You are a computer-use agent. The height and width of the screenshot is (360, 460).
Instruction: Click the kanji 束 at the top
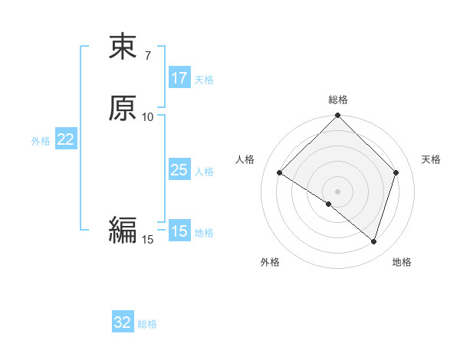[x=123, y=47]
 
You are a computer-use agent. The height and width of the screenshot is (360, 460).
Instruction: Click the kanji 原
[x=123, y=109]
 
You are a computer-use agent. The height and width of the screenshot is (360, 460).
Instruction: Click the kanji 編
[x=123, y=230]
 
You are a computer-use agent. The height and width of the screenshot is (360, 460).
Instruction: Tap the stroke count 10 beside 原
[x=148, y=116]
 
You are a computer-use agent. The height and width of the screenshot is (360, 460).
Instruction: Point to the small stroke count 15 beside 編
[x=148, y=240]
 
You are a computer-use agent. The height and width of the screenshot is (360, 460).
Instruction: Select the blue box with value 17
[x=179, y=77]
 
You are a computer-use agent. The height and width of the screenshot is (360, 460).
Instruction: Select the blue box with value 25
[x=179, y=170]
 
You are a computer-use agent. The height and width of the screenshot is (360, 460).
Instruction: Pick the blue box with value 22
[x=66, y=139]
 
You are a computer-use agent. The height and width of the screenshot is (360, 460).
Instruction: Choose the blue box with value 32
[x=123, y=322]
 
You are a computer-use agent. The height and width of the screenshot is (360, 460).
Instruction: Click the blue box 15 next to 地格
[x=179, y=231]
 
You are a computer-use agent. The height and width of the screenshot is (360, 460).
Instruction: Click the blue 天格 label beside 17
[x=204, y=80]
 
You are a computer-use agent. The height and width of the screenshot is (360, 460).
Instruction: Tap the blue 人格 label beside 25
[x=204, y=172]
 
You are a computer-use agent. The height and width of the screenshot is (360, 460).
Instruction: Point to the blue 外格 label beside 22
[x=41, y=141]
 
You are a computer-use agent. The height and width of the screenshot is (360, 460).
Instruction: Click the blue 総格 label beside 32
[x=147, y=324]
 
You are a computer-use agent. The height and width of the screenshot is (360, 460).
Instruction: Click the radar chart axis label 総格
[x=338, y=100]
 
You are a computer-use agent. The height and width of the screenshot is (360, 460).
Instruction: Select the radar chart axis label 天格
[x=432, y=159]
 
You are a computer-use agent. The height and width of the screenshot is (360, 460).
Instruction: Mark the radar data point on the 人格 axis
[x=280, y=173]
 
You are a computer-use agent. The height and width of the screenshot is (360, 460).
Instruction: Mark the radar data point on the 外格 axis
[x=329, y=204]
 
